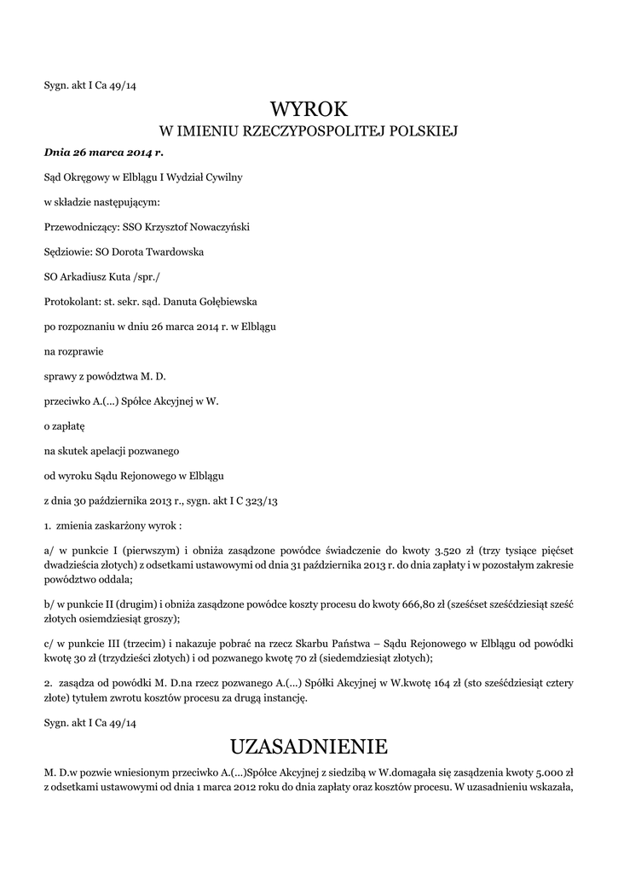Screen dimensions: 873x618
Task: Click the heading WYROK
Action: pos(309,109)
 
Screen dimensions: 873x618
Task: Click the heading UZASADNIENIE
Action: pos(309,747)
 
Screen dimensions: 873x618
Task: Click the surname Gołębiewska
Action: pos(211,301)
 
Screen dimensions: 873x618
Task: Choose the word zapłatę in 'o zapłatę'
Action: pos(68,425)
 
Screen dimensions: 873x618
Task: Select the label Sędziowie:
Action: pos(68,251)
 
